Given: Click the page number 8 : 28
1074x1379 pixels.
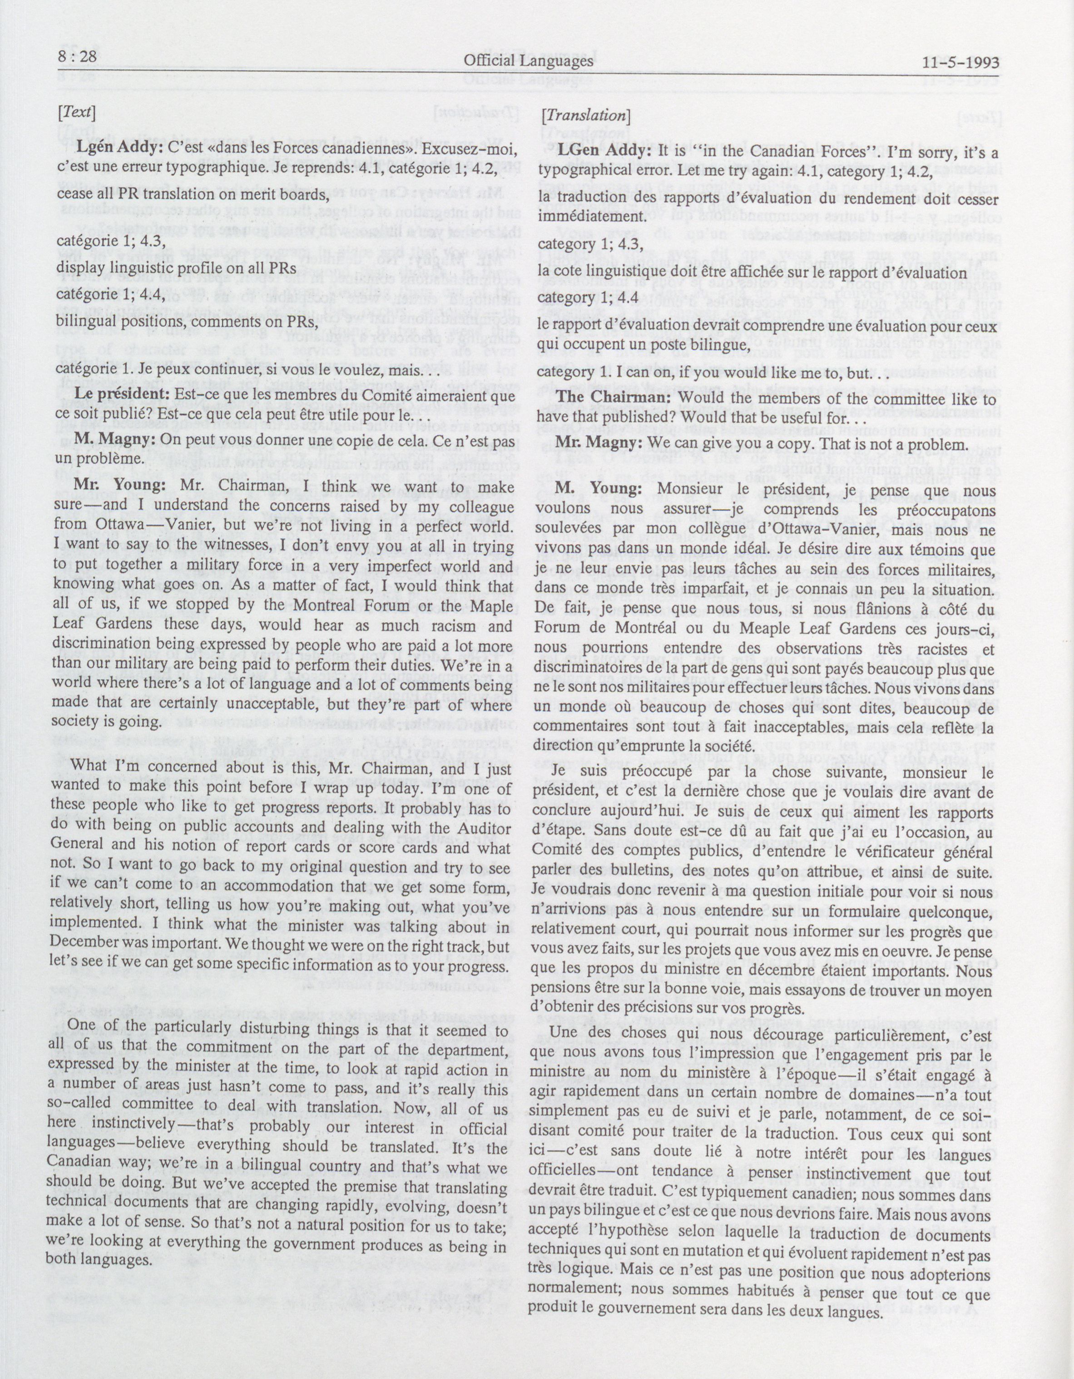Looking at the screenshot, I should point(75,58).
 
